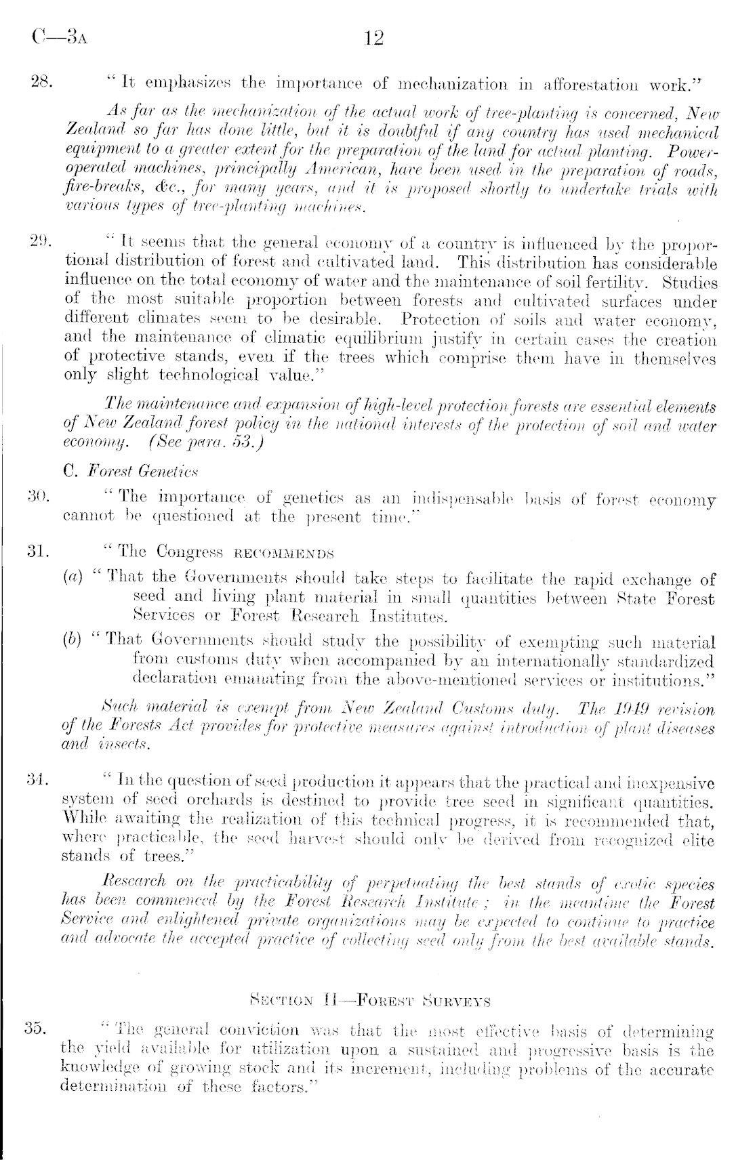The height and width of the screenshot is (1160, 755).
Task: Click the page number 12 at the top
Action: [x=374, y=38]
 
